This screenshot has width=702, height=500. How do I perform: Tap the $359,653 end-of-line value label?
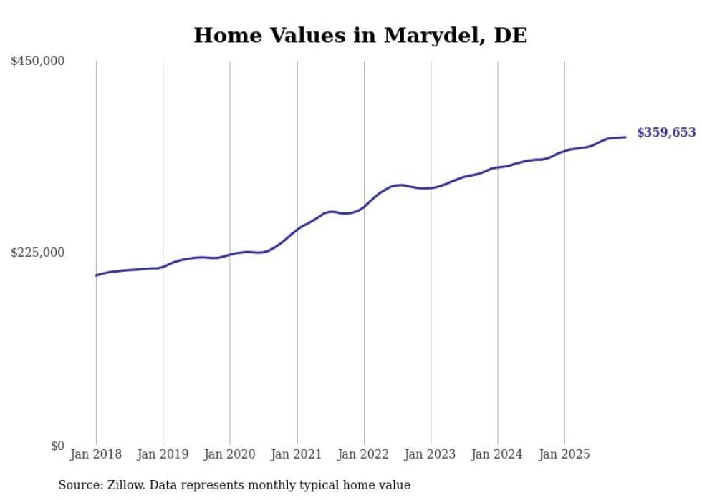point(666,132)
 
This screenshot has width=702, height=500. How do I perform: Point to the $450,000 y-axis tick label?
point(38,62)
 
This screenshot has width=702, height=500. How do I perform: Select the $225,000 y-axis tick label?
point(38,253)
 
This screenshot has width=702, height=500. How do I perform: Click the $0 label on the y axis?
point(57,446)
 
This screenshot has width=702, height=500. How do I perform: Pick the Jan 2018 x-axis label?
point(96,454)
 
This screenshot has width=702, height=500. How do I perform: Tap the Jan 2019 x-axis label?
point(163,454)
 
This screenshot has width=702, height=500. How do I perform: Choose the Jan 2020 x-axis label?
point(230,454)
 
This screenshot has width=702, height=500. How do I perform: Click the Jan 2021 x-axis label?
point(297,454)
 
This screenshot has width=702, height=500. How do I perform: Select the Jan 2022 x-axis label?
point(364,454)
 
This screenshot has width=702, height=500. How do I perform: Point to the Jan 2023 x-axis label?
point(431,454)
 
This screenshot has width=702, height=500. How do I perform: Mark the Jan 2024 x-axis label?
point(498,454)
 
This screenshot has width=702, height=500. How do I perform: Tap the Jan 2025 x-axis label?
point(564,454)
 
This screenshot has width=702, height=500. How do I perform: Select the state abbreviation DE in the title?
point(511,36)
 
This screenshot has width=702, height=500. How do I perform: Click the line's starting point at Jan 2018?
point(96,275)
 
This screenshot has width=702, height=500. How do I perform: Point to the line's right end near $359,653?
point(625,137)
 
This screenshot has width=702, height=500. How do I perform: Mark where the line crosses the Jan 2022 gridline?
point(364,207)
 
